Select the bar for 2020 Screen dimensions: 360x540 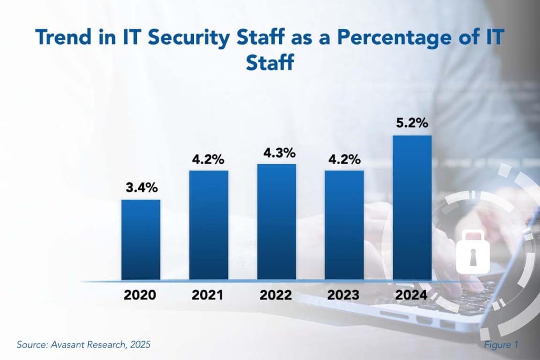point(141,239)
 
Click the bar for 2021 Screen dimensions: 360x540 point(209,225)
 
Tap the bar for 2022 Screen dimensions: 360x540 point(276,222)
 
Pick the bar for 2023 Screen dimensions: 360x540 point(344,225)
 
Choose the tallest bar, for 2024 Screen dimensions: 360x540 point(412,208)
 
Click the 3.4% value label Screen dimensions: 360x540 point(141,188)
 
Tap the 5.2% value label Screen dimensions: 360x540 point(412,124)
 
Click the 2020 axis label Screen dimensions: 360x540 point(140,295)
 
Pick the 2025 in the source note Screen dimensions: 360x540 point(141,345)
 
